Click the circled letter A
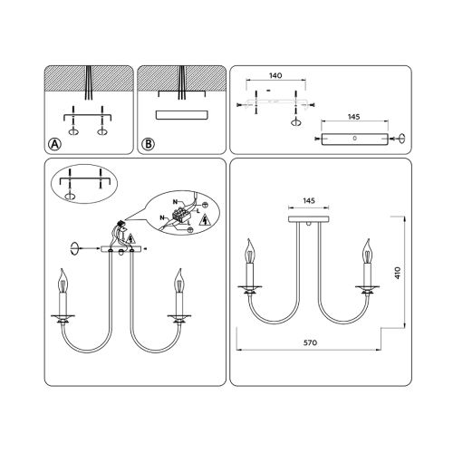[x=54, y=144]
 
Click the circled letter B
[x=148, y=144]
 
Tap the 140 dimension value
[x=275, y=75]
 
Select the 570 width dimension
[x=310, y=342]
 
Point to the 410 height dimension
[x=398, y=273]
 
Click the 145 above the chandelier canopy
[x=309, y=200]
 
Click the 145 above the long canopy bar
[x=353, y=117]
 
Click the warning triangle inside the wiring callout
[x=205, y=220]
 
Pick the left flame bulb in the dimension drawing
[x=250, y=251]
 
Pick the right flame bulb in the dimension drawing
[x=367, y=251]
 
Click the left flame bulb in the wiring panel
[x=63, y=281]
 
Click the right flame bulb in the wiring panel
[x=179, y=281]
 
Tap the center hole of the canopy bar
[x=355, y=139]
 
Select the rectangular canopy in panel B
[x=182, y=115]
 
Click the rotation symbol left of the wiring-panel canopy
[x=74, y=249]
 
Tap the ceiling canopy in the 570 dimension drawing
[x=309, y=219]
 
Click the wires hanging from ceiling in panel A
[x=89, y=82]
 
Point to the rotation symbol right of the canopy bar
[x=402, y=139]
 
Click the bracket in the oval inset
[x=84, y=179]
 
